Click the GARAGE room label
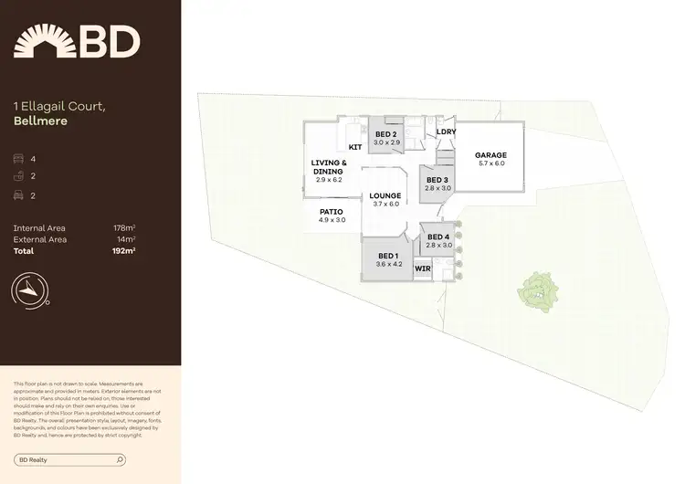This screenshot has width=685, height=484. (490, 155)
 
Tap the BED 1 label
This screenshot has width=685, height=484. (387, 256)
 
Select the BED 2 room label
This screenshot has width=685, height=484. (387, 134)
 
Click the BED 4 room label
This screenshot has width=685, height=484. (439, 237)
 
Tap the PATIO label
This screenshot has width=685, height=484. (332, 212)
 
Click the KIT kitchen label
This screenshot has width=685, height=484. (355, 147)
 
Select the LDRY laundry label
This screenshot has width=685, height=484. (447, 132)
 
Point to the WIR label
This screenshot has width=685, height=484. (422, 269)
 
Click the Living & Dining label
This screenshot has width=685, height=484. (328, 167)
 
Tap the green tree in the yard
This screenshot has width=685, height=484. (536, 291)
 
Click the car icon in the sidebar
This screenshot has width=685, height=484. (19, 195)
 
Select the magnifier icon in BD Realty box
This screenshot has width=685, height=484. (121, 460)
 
